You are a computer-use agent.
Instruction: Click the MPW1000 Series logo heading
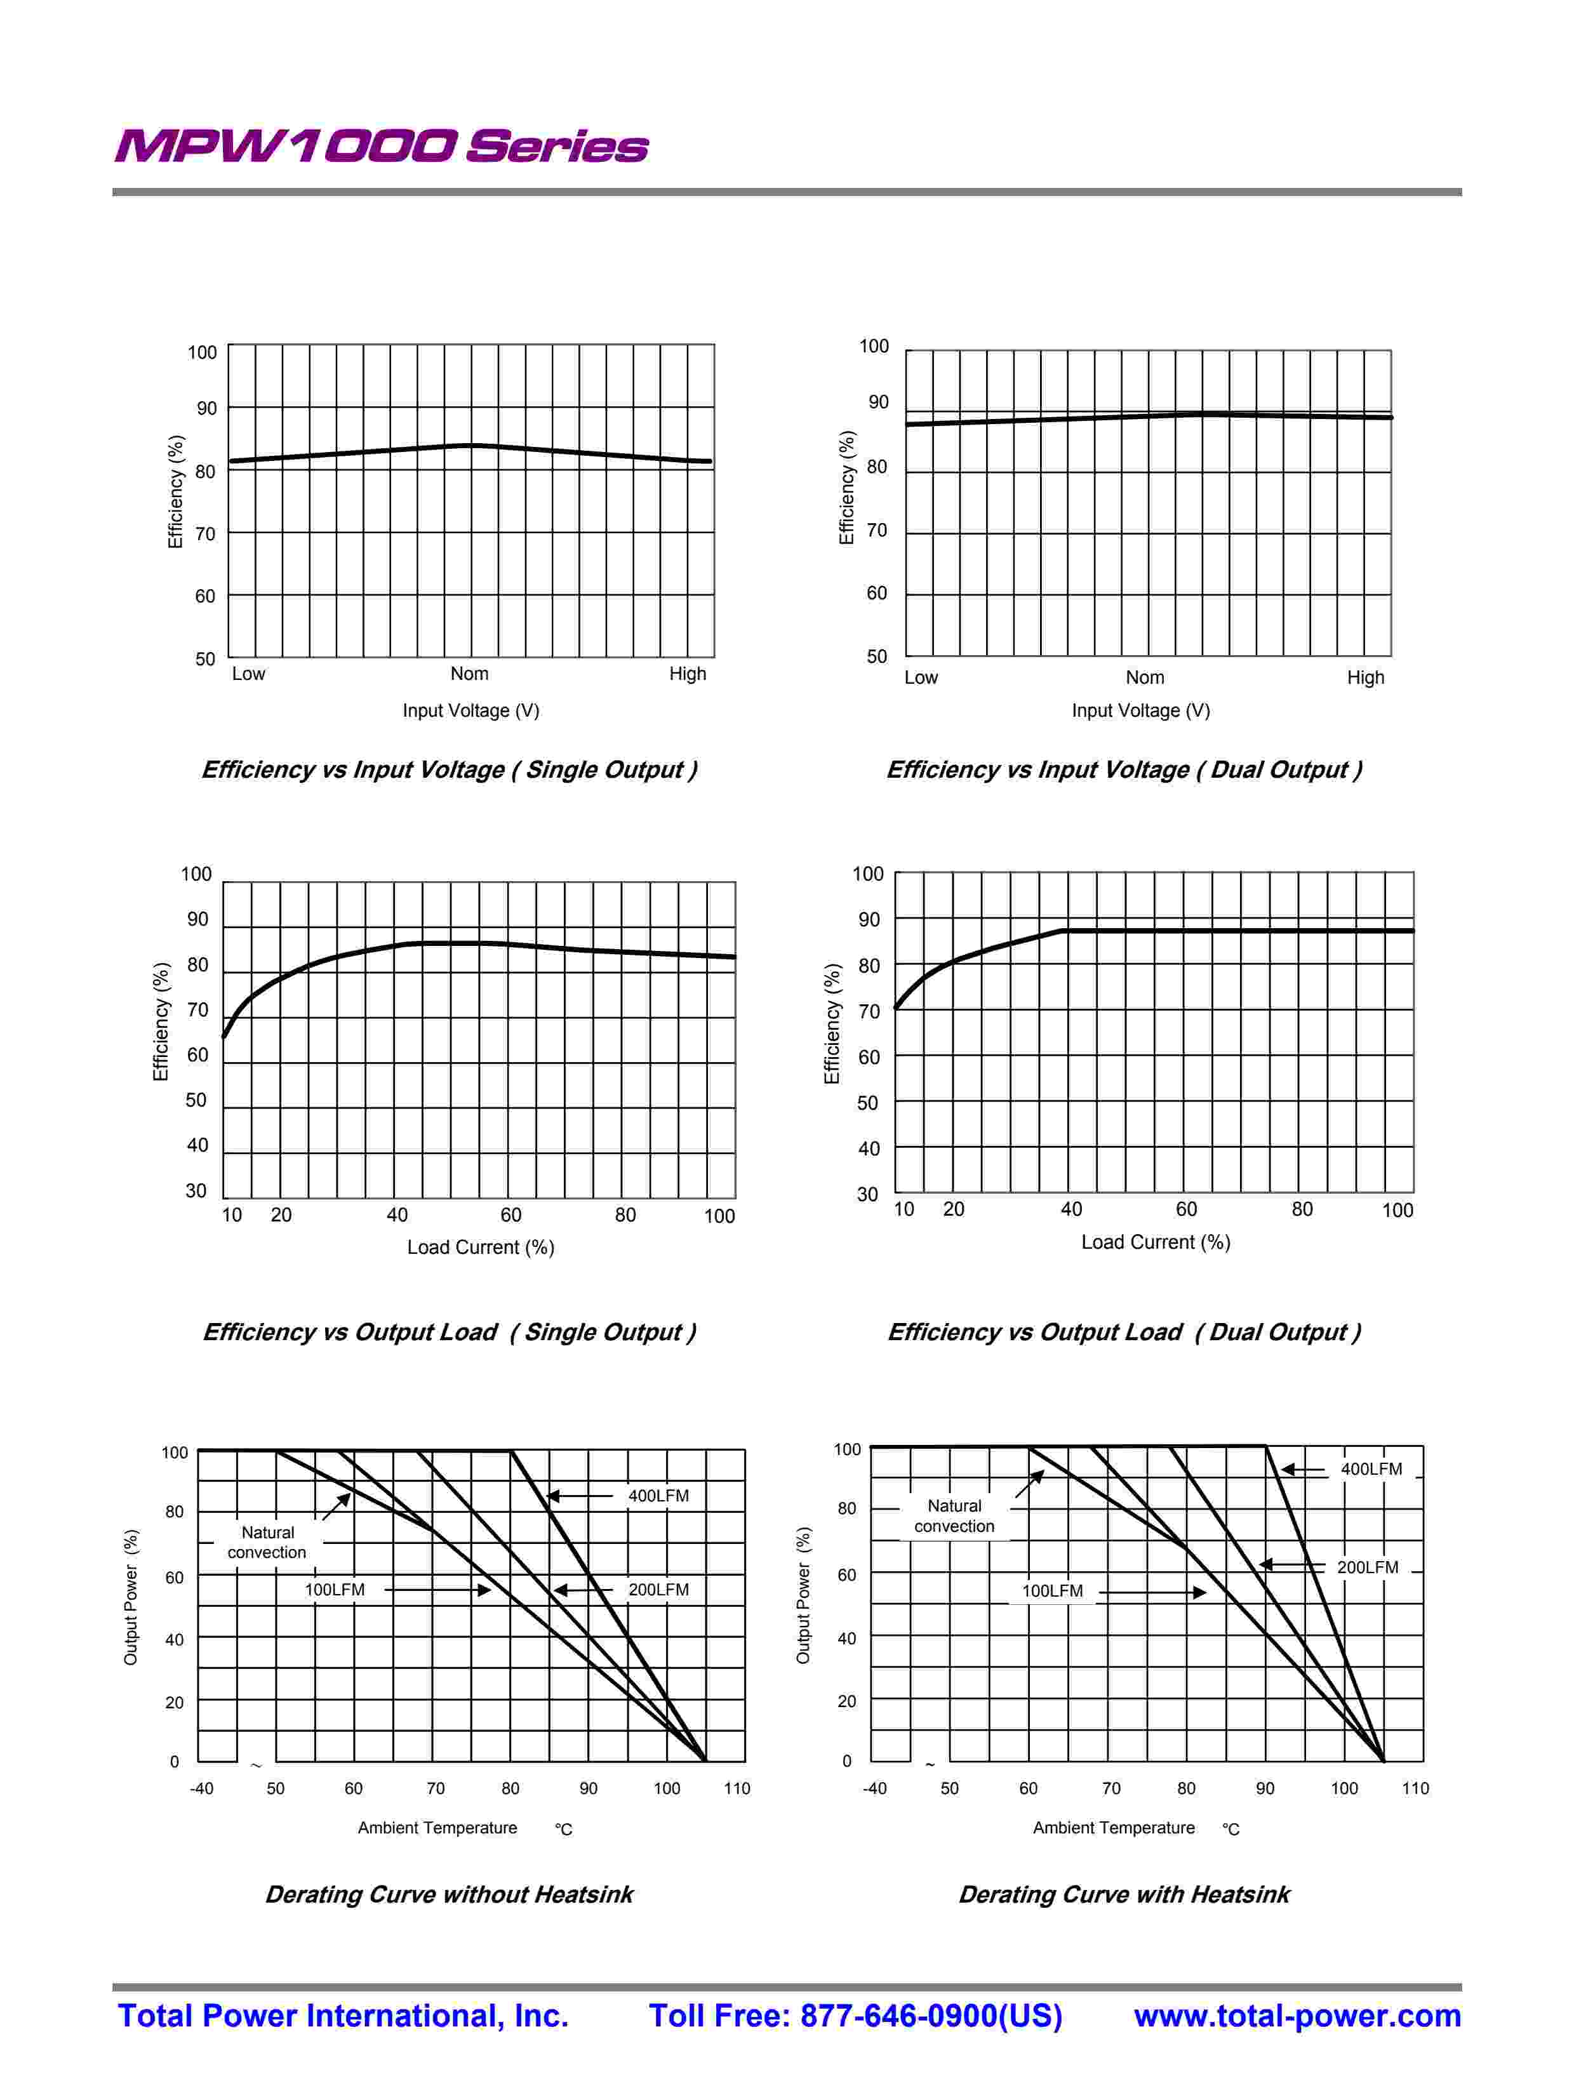pos(381,147)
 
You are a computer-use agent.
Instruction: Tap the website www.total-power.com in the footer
pos(1297,2016)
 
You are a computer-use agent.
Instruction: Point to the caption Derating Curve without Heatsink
pos(449,1894)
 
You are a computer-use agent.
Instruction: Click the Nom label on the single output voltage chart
pos(470,674)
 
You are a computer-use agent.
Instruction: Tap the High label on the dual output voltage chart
pos(1364,677)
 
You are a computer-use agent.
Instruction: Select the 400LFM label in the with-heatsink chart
pos(1370,1469)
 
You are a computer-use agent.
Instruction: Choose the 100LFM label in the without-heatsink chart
pos(335,1589)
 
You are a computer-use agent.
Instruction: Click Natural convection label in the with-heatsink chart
pos(954,1515)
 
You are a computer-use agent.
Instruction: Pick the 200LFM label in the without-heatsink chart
pos(658,1589)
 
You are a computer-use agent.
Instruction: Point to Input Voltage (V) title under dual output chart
pos(1140,710)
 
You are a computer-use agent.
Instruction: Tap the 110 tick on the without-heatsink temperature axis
pos(736,1788)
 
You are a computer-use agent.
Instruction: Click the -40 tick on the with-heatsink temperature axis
pos(874,1788)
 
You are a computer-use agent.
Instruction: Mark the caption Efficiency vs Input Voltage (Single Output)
pos(449,769)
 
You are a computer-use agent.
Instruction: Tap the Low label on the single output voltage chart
pos(248,674)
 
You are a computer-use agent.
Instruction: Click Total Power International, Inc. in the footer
pos(343,2016)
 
